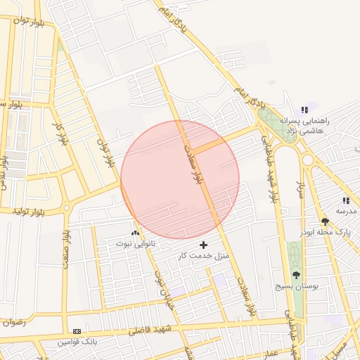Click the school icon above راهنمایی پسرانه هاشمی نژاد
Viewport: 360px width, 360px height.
(304, 110)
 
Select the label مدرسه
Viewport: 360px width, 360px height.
(345, 211)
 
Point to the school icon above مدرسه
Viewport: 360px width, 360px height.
(345, 200)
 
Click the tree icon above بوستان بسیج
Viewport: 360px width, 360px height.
(295, 276)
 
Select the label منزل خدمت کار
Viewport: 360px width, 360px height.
(204, 255)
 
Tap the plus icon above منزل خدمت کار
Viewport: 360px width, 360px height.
(204, 245)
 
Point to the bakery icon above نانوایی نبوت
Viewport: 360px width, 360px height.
(135, 232)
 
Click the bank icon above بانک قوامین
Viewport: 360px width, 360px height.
(77, 331)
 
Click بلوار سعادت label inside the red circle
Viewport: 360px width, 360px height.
(191, 165)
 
